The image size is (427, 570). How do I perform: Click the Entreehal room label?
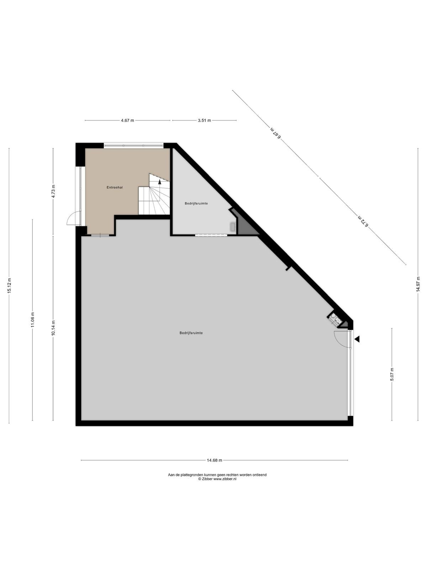pos(114,187)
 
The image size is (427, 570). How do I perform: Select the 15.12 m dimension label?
pos(9,286)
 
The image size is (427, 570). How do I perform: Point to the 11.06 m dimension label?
pos(33,320)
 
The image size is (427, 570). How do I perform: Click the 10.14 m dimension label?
pos(53,328)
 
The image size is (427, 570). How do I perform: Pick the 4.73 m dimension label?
pos(53,191)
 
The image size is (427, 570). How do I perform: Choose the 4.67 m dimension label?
pos(127,120)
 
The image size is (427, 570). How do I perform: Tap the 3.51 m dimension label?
pos(204,120)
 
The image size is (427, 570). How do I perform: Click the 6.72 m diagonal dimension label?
pos(363,221)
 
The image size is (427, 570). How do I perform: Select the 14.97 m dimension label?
pos(418,284)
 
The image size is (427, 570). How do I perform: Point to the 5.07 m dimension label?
pos(392,374)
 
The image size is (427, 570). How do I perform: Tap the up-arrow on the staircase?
pos(159,182)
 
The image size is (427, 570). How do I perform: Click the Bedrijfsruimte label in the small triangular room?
pos(196,203)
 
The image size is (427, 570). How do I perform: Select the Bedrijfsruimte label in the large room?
pos(191,333)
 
